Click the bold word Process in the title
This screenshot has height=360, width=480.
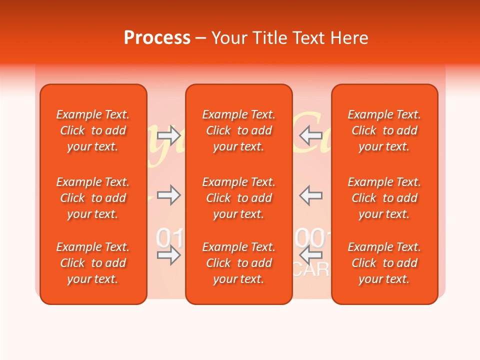click(x=157, y=38)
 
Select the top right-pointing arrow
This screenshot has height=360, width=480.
click(x=169, y=134)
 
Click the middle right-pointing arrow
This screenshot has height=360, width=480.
click(x=169, y=195)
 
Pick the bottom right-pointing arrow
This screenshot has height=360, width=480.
click(x=169, y=255)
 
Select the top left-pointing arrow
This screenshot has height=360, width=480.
click(x=310, y=134)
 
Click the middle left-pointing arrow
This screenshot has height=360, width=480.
click(x=310, y=195)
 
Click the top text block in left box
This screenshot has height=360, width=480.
click(x=93, y=130)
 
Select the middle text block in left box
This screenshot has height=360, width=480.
click(x=93, y=198)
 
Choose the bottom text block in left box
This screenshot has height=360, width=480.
click(x=93, y=263)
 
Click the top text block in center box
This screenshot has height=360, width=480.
click(x=238, y=130)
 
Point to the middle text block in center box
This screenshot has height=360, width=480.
click(x=238, y=198)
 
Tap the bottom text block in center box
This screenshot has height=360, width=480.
click(x=238, y=263)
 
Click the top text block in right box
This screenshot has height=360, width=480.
click(x=384, y=130)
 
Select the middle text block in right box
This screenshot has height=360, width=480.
click(x=384, y=198)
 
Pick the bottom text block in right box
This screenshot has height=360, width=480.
click(x=384, y=263)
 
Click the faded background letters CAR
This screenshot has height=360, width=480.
click(x=312, y=270)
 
